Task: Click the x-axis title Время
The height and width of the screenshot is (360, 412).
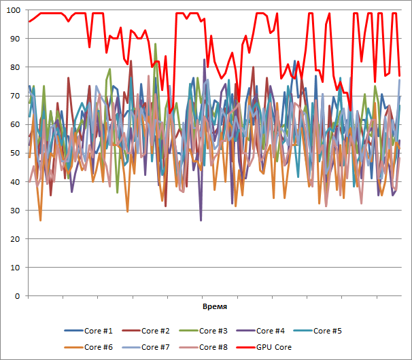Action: click(215, 308)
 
